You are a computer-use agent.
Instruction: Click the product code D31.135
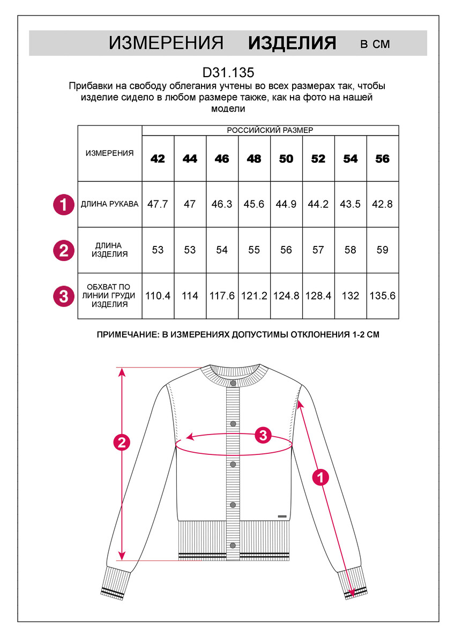228,72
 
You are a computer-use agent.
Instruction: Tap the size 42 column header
158,159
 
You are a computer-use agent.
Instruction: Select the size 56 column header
383,159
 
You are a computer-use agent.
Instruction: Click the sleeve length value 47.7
158,204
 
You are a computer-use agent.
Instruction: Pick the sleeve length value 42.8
383,204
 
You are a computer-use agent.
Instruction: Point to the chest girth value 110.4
158,295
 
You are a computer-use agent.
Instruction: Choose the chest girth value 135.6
383,295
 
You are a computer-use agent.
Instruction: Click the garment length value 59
383,250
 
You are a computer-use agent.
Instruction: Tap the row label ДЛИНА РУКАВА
109,204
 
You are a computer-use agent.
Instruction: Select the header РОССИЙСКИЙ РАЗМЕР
270,130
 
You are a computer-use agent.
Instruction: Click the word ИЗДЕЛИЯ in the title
292,43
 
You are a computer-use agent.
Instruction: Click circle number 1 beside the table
64,204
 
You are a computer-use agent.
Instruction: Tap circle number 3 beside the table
64,296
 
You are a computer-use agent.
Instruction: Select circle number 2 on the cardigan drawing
122,443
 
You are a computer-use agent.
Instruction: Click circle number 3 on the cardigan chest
263,435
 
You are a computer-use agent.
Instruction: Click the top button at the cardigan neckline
233,383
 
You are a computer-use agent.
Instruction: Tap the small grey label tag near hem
282,516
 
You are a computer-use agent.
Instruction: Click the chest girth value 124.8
286,295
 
